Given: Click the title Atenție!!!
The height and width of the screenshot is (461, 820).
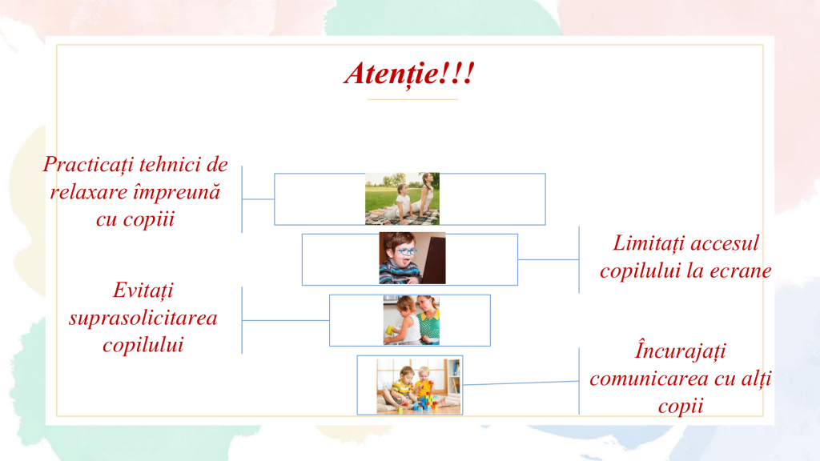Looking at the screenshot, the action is click(409, 74).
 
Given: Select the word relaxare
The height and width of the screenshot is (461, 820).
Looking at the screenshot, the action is click(88, 192).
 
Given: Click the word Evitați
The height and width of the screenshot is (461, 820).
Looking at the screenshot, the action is click(143, 291).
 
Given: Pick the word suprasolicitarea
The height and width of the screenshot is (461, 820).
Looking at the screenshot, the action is click(143, 319).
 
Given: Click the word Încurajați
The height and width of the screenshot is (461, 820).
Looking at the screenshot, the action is click(681, 351).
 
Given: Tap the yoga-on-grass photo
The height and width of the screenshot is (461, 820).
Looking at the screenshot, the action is click(402, 198).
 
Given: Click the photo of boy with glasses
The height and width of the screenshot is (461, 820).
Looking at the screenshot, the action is click(412, 259).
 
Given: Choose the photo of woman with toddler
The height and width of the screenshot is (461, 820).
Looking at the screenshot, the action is click(411, 320).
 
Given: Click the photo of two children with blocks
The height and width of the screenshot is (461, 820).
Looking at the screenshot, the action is click(419, 386).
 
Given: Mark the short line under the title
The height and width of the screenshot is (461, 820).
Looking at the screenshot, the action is click(412, 98).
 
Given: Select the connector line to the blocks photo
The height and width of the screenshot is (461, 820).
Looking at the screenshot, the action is click(521, 383).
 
